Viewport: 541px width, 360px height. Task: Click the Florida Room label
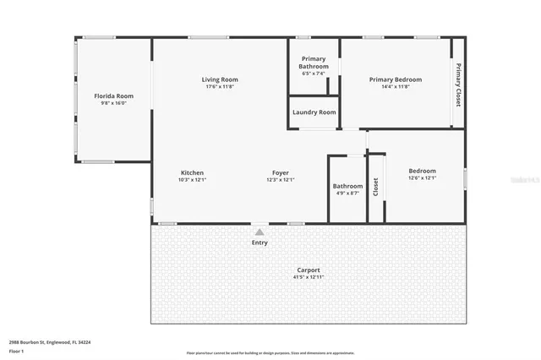(x=113, y=96)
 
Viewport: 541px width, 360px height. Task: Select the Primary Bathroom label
(x=314, y=63)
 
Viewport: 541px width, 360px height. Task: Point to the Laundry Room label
(x=314, y=112)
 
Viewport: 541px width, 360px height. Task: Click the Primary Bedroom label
(x=396, y=79)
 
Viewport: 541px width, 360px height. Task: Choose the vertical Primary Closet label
(x=458, y=84)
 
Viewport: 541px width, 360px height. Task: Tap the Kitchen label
(x=192, y=172)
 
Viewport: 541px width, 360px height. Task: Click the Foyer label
(x=280, y=172)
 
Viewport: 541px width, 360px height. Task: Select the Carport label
(x=308, y=270)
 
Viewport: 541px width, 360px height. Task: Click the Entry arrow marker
(x=259, y=232)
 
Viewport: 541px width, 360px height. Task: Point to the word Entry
(x=259, y=243)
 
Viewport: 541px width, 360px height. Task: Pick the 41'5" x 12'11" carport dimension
(x=308, y=277)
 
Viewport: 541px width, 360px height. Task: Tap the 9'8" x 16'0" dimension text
(x=113, y=103)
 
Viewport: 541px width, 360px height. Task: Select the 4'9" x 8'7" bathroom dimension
(x=347, y=193)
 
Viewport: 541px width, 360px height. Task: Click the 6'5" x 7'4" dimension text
(x=314, y=74)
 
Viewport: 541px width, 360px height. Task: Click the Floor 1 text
(x=16, y=350)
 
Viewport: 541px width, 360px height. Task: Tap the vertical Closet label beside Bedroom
(x=376, y=186)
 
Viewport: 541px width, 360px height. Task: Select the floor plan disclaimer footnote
(x=270, y=353)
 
